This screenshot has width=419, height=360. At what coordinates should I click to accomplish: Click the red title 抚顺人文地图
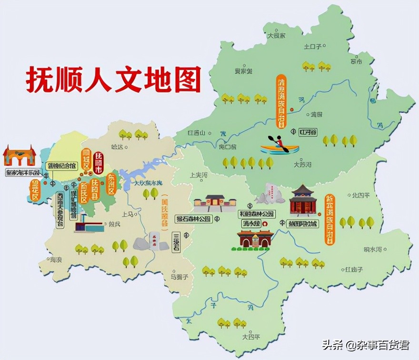point(113,79)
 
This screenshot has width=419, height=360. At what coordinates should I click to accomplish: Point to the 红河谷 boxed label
point(308,132)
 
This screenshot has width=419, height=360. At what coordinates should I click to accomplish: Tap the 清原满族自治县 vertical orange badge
point(281,101)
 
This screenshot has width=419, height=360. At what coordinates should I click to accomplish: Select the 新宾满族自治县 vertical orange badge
point(329,219)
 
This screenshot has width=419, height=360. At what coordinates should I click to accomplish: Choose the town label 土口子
point(313,46)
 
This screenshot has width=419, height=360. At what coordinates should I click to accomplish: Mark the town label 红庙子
point(354,269)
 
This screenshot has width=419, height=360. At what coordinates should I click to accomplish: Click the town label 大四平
point(251,337)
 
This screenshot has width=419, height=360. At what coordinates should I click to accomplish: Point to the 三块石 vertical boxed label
point(176,242)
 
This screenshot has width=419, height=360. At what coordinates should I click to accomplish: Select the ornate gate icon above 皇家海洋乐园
point(20,155)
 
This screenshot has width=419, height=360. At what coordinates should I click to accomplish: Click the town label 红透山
point(196,133)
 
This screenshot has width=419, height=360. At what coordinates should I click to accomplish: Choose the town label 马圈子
point(173,276)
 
